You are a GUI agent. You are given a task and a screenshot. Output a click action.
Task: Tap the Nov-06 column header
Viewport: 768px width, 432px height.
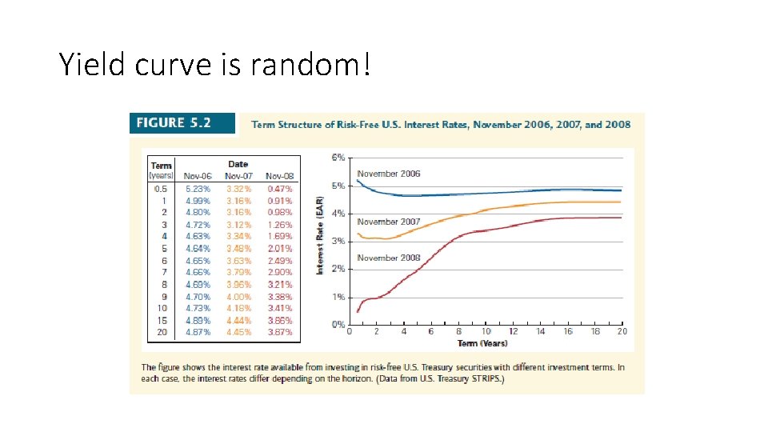[197, 176]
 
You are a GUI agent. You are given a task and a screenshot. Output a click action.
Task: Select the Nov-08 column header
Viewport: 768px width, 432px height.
[279, 176]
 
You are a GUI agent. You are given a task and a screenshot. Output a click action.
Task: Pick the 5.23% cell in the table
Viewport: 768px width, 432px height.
[198, 189]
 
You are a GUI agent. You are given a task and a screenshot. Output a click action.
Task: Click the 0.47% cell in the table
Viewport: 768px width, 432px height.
[280, 189]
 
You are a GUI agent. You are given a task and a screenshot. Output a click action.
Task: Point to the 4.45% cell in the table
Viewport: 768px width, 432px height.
[238, 332]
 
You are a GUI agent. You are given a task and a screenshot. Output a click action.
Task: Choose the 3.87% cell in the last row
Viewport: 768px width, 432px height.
[280, 332]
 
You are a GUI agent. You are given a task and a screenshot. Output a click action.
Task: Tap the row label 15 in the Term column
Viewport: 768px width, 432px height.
[162, 320]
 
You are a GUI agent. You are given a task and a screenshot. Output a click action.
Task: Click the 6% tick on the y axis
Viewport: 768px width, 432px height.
[338, 158]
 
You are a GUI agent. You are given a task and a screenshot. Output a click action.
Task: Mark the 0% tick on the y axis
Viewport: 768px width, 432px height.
[338, 324]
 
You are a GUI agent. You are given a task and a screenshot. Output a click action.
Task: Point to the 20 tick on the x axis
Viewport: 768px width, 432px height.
[622, 332]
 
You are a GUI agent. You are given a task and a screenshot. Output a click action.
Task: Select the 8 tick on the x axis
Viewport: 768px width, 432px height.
[458, 332]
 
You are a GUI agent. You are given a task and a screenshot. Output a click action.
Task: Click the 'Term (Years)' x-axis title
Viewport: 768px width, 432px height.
[482, 343]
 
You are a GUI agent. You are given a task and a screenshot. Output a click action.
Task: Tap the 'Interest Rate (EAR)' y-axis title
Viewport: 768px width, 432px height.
[320, 236]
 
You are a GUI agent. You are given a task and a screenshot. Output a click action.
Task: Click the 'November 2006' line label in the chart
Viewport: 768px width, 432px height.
[388, 174]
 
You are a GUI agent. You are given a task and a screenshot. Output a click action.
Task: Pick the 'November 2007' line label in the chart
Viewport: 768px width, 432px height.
[388, 222]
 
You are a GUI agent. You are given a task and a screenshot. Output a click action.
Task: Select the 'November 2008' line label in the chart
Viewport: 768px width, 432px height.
[388, 258]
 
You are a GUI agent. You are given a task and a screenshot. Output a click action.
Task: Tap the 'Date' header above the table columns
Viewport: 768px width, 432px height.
[238, 164]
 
